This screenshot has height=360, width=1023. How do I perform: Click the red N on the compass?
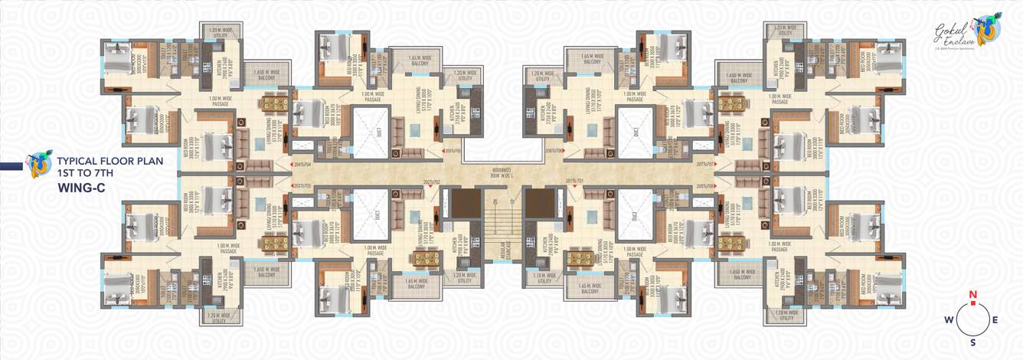[973, 295]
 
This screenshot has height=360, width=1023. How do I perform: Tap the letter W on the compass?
[949, 320]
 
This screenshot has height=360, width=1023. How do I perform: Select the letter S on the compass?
[973, 342]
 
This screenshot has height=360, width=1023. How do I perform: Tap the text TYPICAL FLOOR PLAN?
[105, 162]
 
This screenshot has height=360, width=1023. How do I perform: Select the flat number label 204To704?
[304, 165]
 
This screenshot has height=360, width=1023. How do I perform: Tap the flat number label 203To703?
[304, 186]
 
